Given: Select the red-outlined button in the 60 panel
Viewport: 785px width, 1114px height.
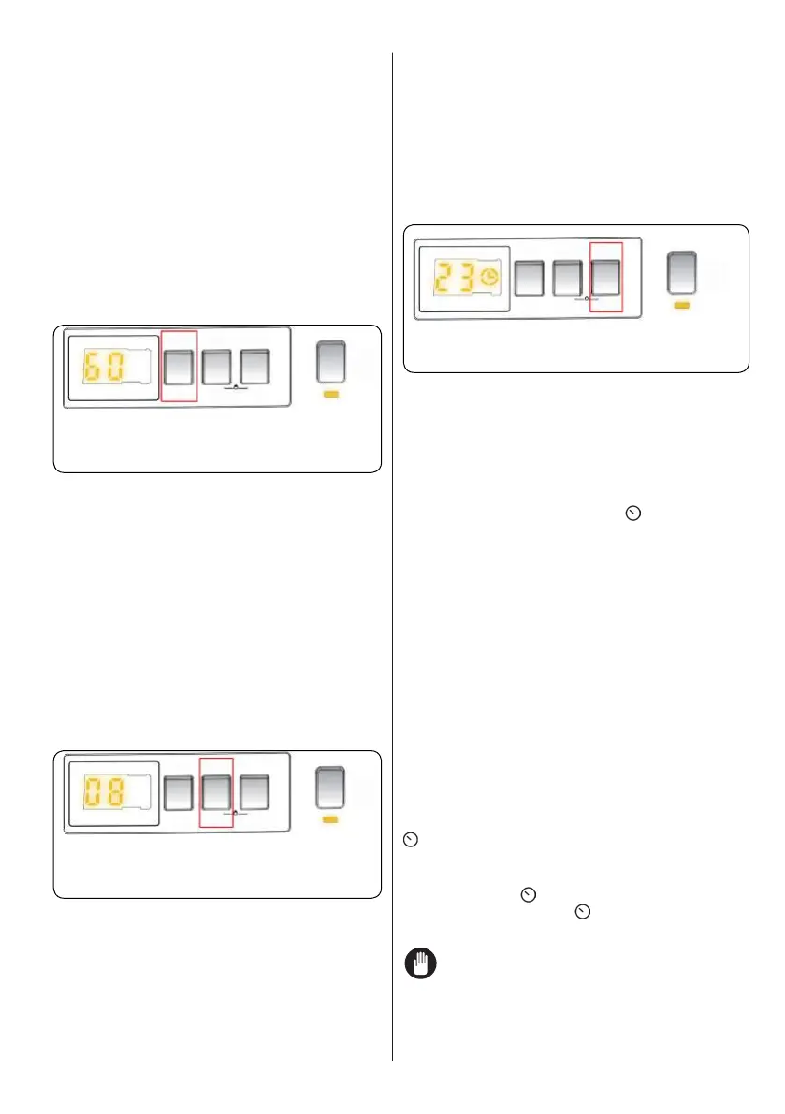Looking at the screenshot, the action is click(x=179, y=366).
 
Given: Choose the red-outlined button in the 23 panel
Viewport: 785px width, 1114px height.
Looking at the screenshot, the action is click(x=606, y=277).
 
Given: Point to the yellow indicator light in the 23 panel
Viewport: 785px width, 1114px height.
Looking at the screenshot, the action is click(x=682, y=305).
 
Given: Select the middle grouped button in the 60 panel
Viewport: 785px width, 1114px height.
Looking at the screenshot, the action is click(x=216, y=366).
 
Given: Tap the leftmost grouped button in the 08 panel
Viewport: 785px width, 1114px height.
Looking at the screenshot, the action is click(x=179, y=791).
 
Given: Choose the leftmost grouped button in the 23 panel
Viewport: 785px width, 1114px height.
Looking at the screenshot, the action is click(x=531, y=277).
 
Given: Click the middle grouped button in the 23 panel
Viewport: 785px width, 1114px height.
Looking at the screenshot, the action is click(x=569, y=277).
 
